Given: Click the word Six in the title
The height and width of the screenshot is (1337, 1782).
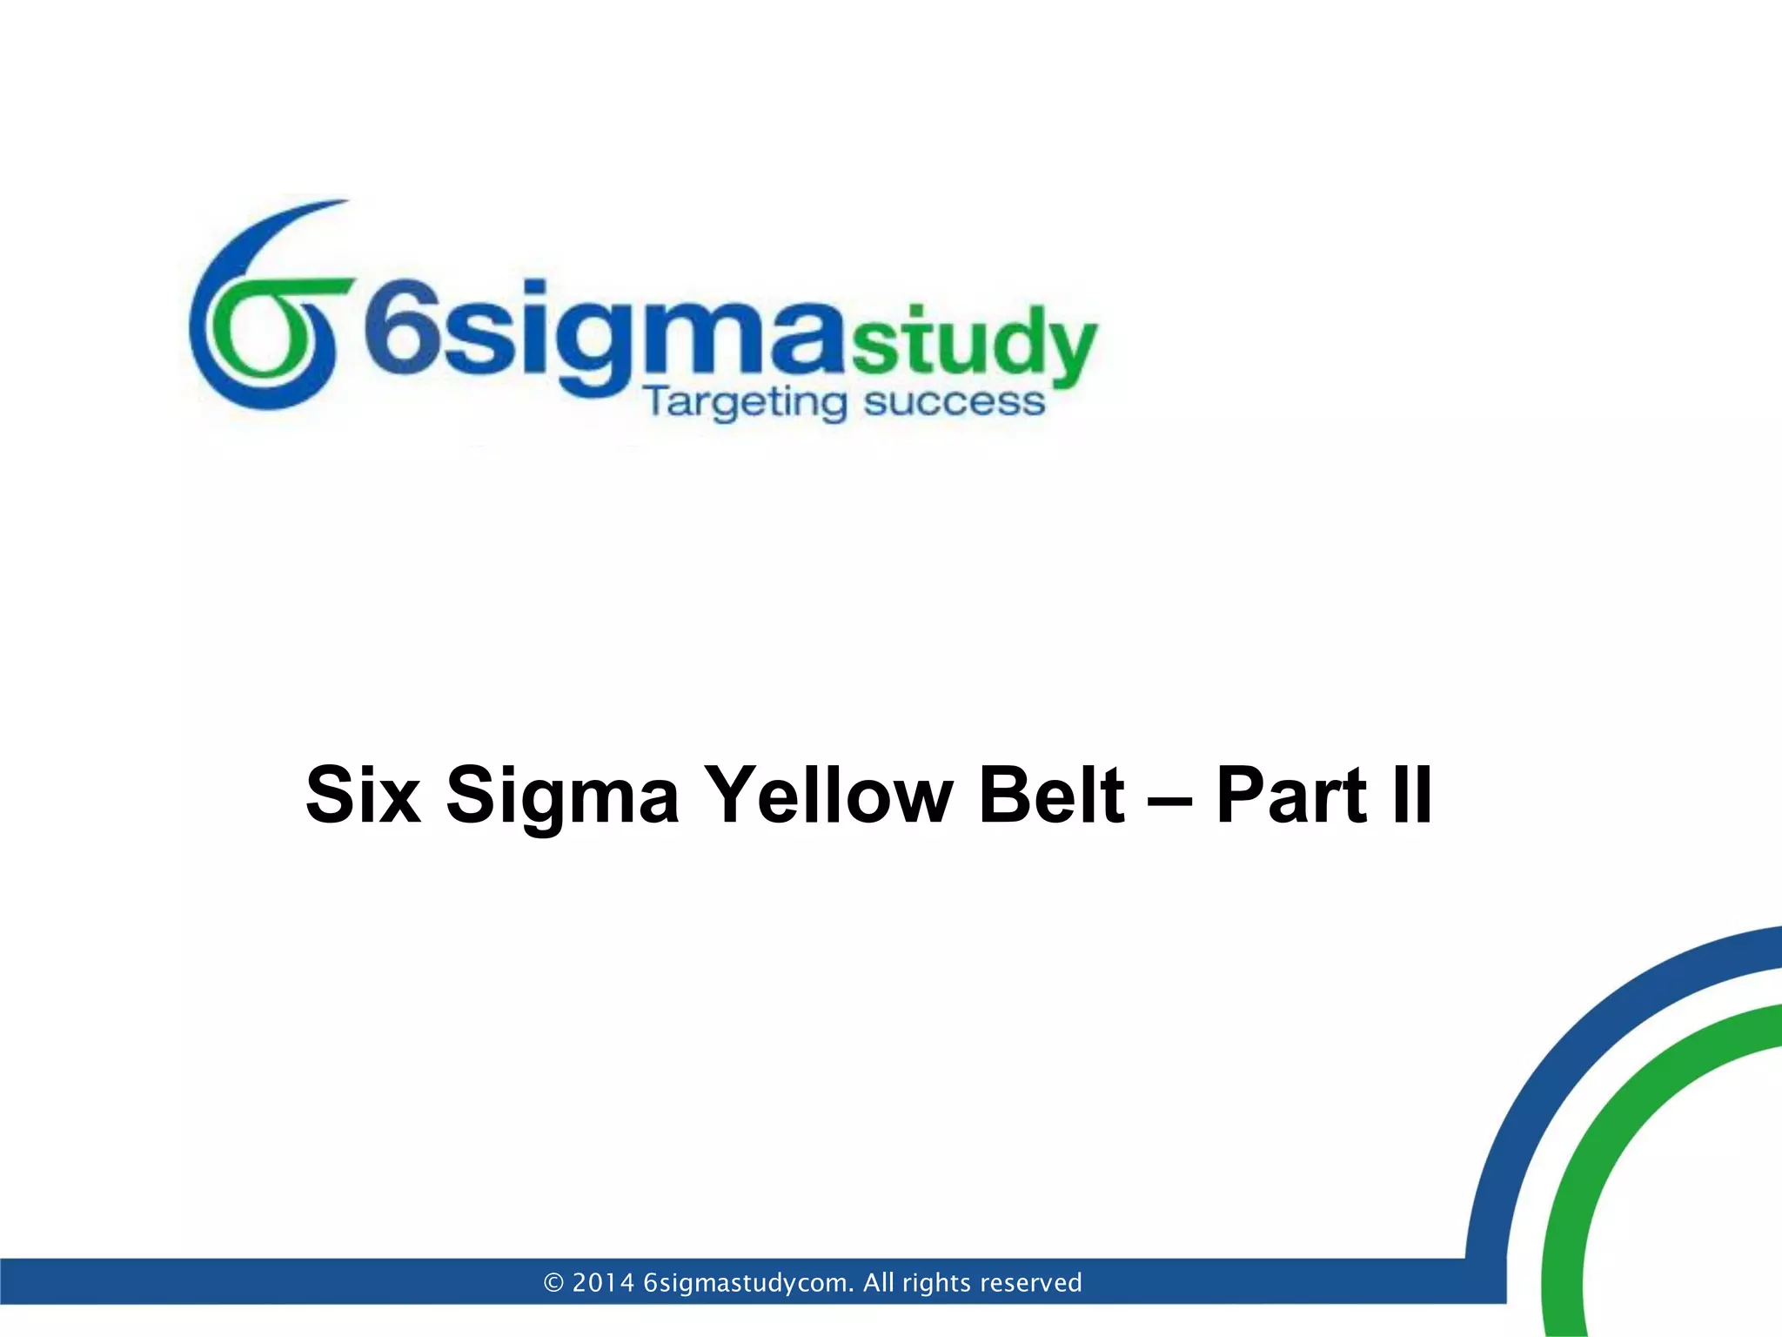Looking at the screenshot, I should point(364,794).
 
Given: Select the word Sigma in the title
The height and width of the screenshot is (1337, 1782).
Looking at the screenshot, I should point(562,796).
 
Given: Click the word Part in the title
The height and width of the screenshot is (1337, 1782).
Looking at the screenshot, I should point(1292,794).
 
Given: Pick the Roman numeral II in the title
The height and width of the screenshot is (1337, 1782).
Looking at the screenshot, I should point(1411,794).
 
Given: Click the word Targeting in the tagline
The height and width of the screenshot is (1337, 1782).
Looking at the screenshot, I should point(744,403).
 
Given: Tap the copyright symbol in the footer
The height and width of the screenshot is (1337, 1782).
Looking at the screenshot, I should point(553,1283).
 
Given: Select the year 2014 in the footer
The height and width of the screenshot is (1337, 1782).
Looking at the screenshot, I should point(603,1283).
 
